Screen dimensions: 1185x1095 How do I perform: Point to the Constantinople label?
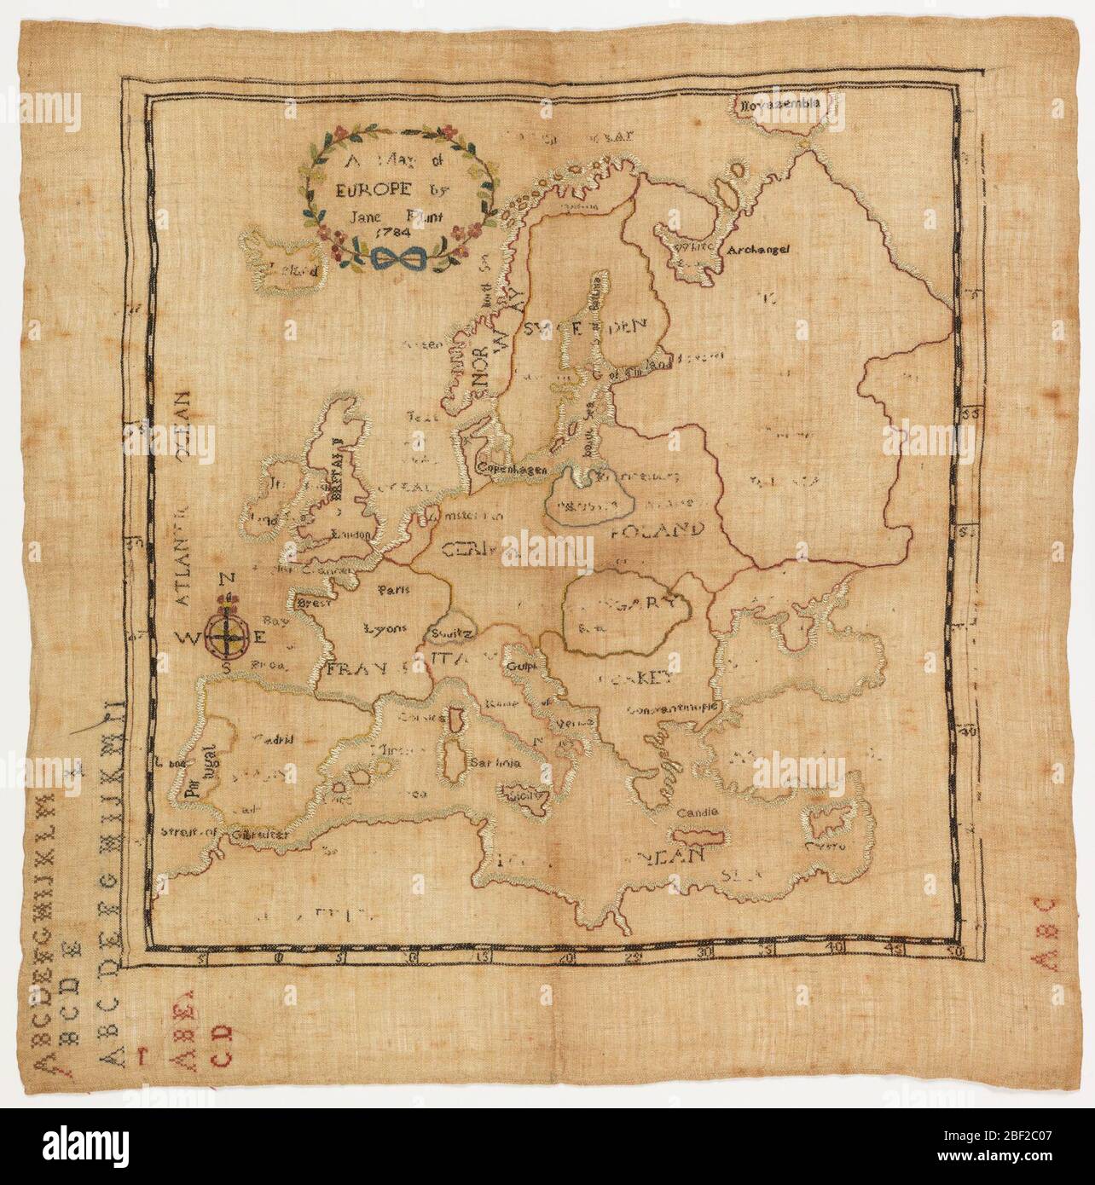(x=675, y=708)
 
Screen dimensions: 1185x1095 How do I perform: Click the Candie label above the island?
(x=698, y=812)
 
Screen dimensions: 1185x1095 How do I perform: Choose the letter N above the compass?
(x=227, y=580)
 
